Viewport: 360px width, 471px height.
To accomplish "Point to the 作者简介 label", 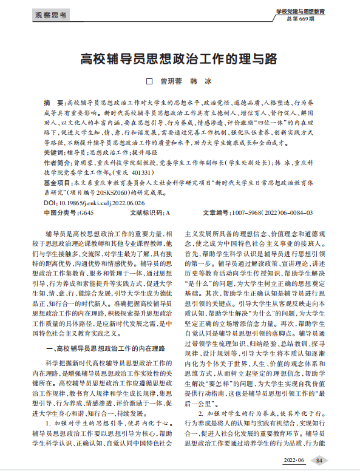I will coord(57,164).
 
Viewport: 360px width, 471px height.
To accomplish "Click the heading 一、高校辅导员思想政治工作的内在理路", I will coord(106,350).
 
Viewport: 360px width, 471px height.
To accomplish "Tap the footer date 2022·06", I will coord(291,461).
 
